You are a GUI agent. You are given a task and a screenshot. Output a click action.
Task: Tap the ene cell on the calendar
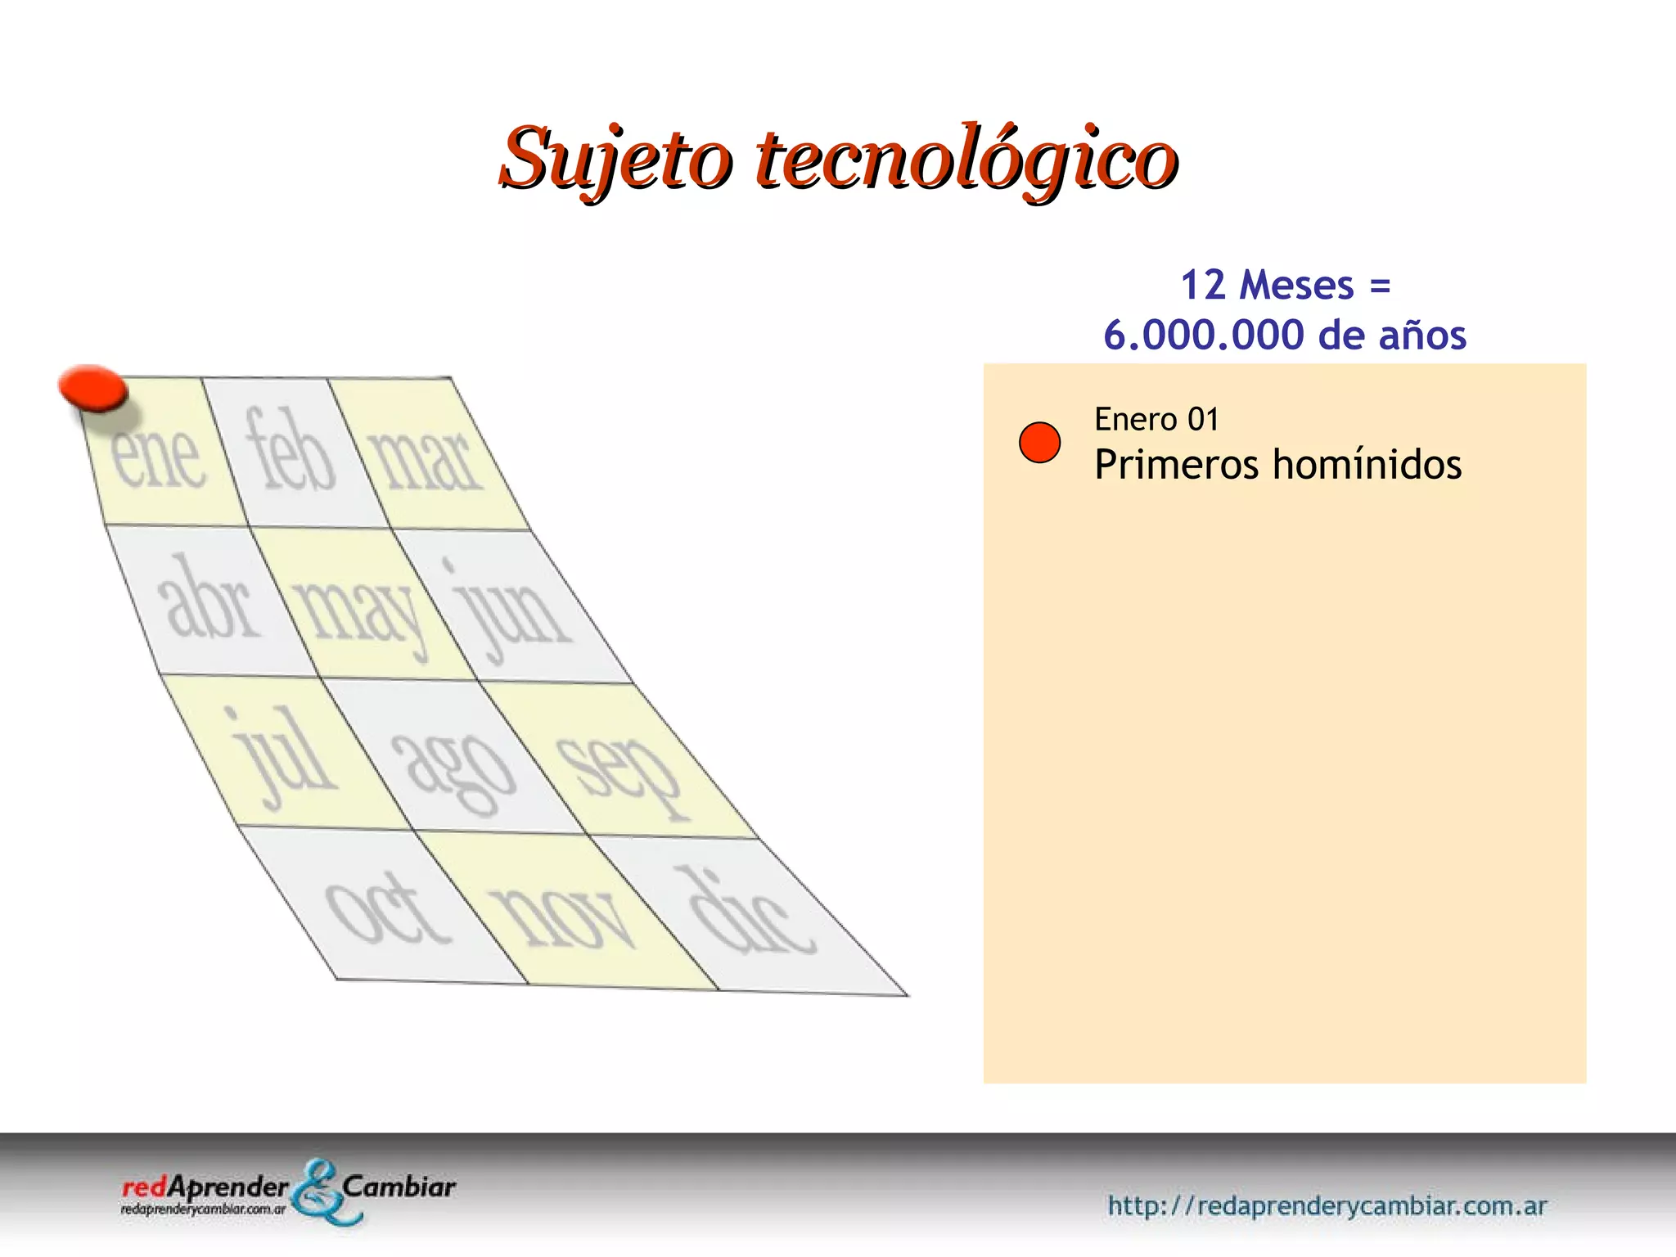click(x=160, y=455)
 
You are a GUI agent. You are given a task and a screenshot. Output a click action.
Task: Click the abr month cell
click(x=208, y=601)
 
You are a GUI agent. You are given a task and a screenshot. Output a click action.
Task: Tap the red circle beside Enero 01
click(x=1039, y=443)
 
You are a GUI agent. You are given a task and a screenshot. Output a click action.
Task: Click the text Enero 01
click(x=1156, y=420)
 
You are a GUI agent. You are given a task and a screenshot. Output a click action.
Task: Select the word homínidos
click(x=1367, y=465)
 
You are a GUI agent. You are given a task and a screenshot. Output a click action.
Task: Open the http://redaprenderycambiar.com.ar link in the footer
click(x=1327, y=1205)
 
